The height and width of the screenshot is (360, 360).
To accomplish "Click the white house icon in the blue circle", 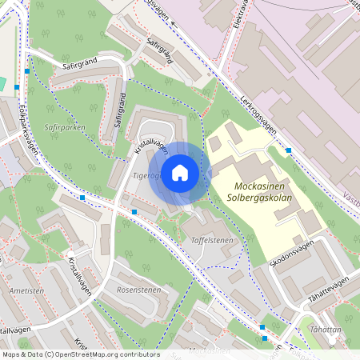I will click(180, 173).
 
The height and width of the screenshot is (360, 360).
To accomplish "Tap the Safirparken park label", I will click(44, 126).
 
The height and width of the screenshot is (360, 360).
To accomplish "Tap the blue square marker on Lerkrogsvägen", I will click(288, 150).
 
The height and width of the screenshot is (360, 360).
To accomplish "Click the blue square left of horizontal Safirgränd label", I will click(27, 71).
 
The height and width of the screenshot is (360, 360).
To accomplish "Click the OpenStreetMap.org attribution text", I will click(105, 354).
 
